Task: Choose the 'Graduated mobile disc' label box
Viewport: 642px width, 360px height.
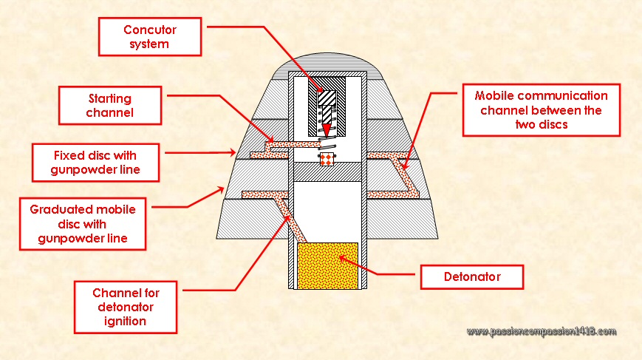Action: [83, 223]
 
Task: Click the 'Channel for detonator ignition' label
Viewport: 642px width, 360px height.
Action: [126, 305]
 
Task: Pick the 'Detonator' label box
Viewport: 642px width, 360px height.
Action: [471, 277]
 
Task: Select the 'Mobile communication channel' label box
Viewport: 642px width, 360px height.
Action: [541, 110]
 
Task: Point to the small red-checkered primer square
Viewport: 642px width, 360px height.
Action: [324, 159]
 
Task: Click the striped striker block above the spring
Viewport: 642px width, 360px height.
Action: [327, 96]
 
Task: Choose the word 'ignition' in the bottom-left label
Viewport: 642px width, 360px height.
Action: [126, 321]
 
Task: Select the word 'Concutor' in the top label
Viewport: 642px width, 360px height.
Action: [151, 30]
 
